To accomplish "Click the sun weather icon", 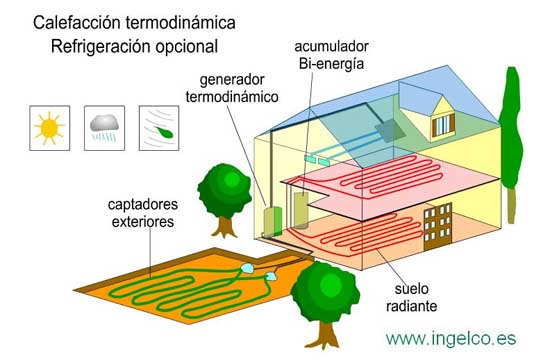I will point(47,126).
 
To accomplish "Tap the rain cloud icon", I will point(103,126).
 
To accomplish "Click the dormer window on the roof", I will point(442,122).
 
